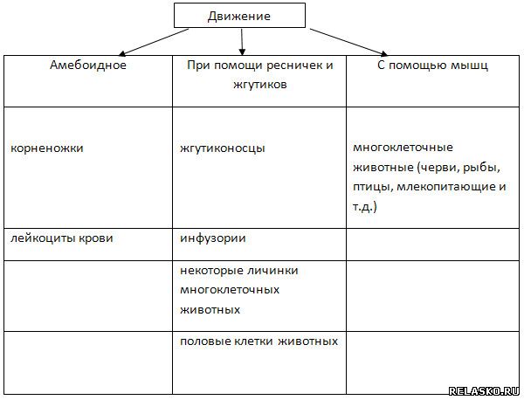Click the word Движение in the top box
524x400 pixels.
click(239, 17)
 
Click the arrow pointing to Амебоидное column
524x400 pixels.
click(154, 42)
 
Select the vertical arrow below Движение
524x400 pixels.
click(242, 42)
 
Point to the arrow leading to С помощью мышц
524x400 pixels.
click(348, 42)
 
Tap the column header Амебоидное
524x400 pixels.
click(88, 66)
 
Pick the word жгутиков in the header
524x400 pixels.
click(260, 85)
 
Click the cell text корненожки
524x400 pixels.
click(47, 148)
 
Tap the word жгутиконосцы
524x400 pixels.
click(223, 148)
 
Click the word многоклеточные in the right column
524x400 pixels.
click(403, 148)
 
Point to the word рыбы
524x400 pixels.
click(481, 168)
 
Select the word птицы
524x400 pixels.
click(373, 187)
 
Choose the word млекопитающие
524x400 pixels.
click(447, 187)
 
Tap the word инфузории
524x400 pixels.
click(213, 239)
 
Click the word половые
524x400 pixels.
click(204, 341)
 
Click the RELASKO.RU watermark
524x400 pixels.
click(484, 391)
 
